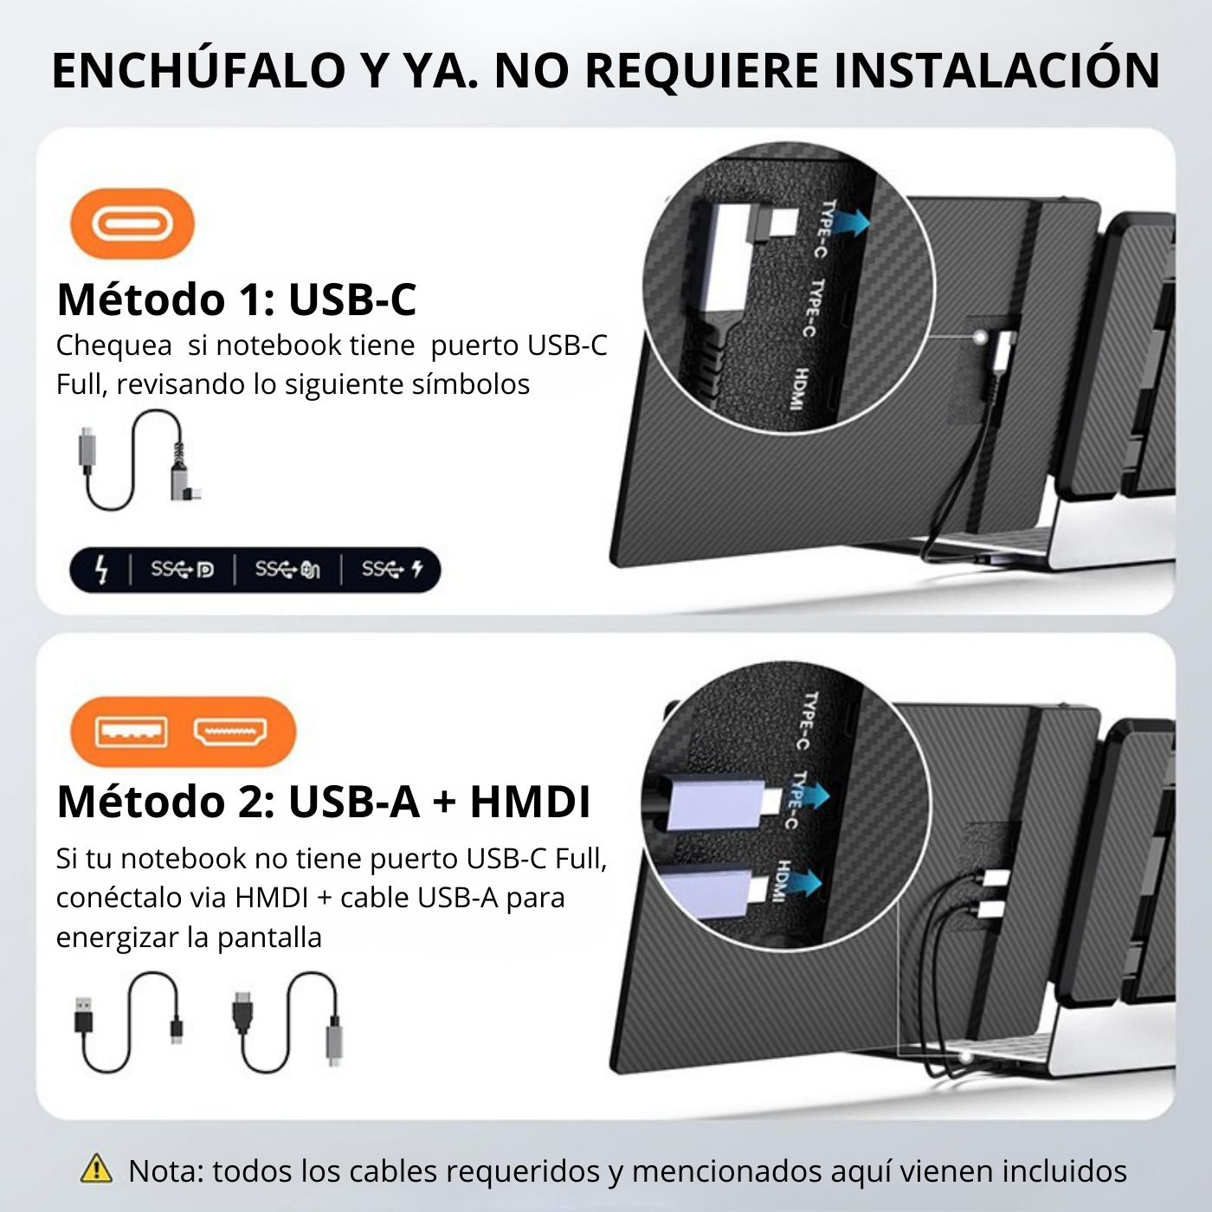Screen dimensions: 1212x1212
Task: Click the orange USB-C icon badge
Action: pyautogui.click(x=132, y=225)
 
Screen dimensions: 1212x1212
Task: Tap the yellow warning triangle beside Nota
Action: pyautogui.click(x=96, y=1169)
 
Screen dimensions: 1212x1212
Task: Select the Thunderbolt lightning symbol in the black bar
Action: pyautogui.click(x=101, y=570)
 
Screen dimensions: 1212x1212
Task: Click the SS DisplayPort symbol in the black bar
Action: pyautogui.click(x=182, y=570)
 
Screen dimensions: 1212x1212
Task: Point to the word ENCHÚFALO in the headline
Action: pyautogui.click(x=199, y=71)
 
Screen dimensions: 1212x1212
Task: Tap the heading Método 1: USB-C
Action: pyautogui.click(x=236, y=300)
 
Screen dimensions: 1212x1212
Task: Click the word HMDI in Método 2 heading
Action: pyautogui.click(x=530, y=802)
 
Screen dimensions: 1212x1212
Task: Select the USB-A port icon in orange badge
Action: pyautogui.click(x=131, y=732)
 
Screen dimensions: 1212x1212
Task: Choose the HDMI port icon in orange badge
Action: pyautogui.click(x=230, y=732)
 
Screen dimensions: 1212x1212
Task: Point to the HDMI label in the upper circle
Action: pyautogui.click(x=801, y=389)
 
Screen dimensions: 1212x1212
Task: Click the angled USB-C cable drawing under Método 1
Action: pyautogui.click(x=139, y=459)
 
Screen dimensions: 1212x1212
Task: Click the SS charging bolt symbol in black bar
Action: pyautogui.click(x=392, y=570)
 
